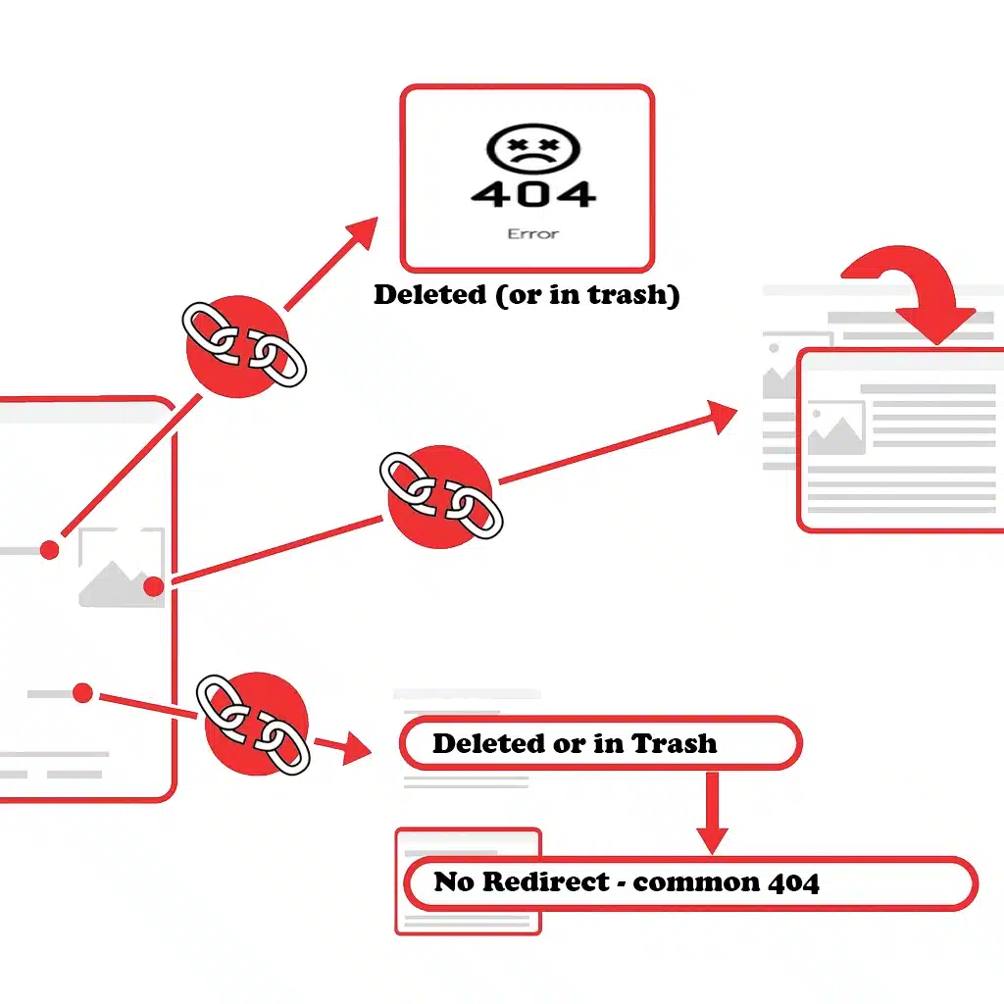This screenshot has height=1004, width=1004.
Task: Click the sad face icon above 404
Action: [533, 148]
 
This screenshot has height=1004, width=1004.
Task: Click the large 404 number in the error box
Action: [532, 193]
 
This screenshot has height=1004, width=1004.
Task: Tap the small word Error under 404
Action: [532, 234]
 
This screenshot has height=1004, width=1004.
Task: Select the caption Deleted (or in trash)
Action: [527, 295]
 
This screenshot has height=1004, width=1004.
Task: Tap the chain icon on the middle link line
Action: [441, 495]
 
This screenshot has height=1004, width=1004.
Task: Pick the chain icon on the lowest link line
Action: [254, 725]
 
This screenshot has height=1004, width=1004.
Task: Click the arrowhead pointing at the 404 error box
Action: [362, 233]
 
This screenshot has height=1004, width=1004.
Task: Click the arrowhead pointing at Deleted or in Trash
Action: [357, 752]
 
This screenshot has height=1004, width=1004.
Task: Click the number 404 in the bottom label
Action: [790, 882]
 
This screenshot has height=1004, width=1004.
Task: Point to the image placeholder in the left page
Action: [121, 568]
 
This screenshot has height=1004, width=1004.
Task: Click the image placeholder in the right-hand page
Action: [834, 428]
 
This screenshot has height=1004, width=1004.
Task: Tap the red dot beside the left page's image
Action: [153, 587]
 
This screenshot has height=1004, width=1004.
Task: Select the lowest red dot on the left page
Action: [82, 693]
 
